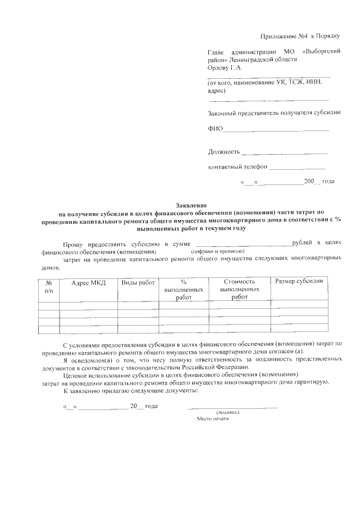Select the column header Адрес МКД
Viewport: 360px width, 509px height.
click(89, 282)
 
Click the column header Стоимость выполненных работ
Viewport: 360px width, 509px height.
click(239, 289)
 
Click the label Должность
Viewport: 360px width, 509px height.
click(224, 152)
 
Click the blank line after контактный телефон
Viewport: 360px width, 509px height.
click(296, 168)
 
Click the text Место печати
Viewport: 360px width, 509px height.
click(213, 418)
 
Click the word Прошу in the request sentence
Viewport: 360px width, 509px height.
click(73, 243)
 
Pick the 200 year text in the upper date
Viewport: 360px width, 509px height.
click(309, 182)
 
